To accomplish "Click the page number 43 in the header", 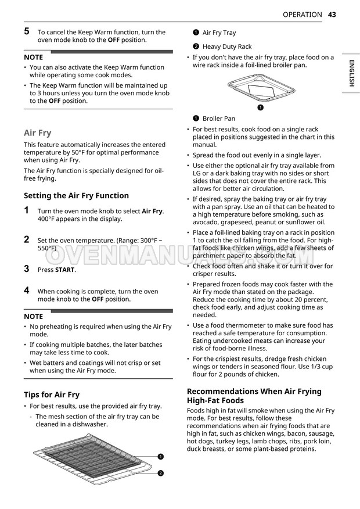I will [x=332, y=15].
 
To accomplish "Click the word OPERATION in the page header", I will [x=302, y=15].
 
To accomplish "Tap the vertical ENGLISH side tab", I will [x=351, y=73].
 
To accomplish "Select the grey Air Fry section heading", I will [x=37, y=132].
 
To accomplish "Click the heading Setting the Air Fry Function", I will [x=76, y=196].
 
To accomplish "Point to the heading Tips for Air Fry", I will [x=52, y=395].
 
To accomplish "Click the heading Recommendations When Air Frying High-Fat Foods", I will [x=254, y=396].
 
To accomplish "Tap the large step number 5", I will [x=27, y=31].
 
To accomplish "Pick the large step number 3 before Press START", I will [x=27, y=268].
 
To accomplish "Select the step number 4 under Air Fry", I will [x=27, y=290].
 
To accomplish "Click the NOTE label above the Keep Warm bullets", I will [x=33, y=58].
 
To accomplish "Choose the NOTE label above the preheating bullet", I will [x=33, y=317].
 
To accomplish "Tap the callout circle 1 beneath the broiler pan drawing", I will [x=260, y=107].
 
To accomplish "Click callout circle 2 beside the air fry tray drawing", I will [x=160, y=473].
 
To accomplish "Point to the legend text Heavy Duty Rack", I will [x=227, y=46].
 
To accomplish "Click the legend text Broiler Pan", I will [x=219, y=119].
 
